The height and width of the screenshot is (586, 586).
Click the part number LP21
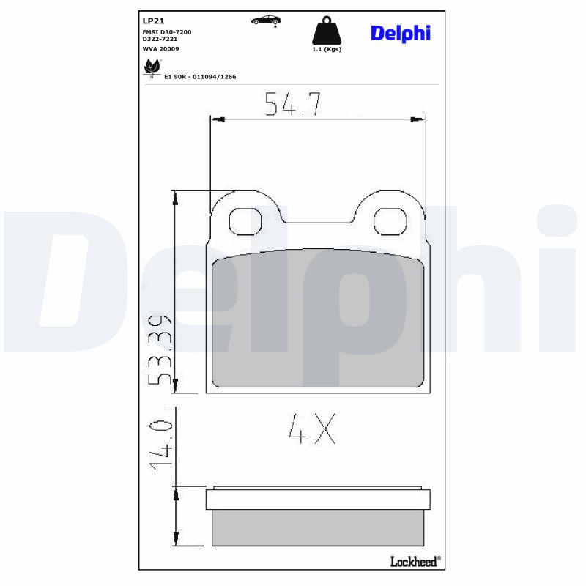coord(152,21)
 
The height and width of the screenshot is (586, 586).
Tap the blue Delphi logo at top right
coord(400,33)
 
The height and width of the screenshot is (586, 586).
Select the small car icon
coord(265,20)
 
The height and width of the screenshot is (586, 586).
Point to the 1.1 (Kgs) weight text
coord(327,49)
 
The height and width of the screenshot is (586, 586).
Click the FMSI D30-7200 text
coord(166,32)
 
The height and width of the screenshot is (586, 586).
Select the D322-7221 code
coord(160,40)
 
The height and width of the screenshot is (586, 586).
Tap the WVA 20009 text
coord(160,48)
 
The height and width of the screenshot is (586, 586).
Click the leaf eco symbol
coord(152,67)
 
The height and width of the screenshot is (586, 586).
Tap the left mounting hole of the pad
coord(245,220)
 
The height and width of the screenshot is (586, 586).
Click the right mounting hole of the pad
coord(390,220)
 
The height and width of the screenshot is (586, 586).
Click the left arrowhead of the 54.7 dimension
coord(218,119)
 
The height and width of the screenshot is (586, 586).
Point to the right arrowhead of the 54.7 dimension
coord(418,119)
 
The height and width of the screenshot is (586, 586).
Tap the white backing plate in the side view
coord(318,500)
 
